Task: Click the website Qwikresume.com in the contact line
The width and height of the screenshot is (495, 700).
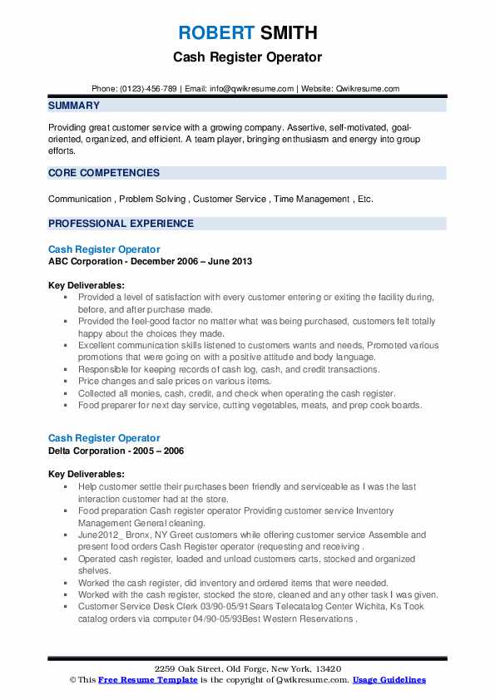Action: [x=369, y=88]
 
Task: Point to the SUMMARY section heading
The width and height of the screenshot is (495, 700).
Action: [x=74, y=106]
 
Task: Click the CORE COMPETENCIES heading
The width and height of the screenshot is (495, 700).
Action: [x=104, y=173]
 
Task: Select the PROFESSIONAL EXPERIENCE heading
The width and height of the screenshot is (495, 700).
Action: [x=121, y=224]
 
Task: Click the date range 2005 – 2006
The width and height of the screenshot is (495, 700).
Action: [x=161, y=451]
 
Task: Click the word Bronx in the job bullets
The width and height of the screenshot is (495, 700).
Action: [x=139, y=535]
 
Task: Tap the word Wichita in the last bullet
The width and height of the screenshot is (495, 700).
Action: [x=376, y=607]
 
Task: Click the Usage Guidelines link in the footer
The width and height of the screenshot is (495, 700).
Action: [x=389, y=679]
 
